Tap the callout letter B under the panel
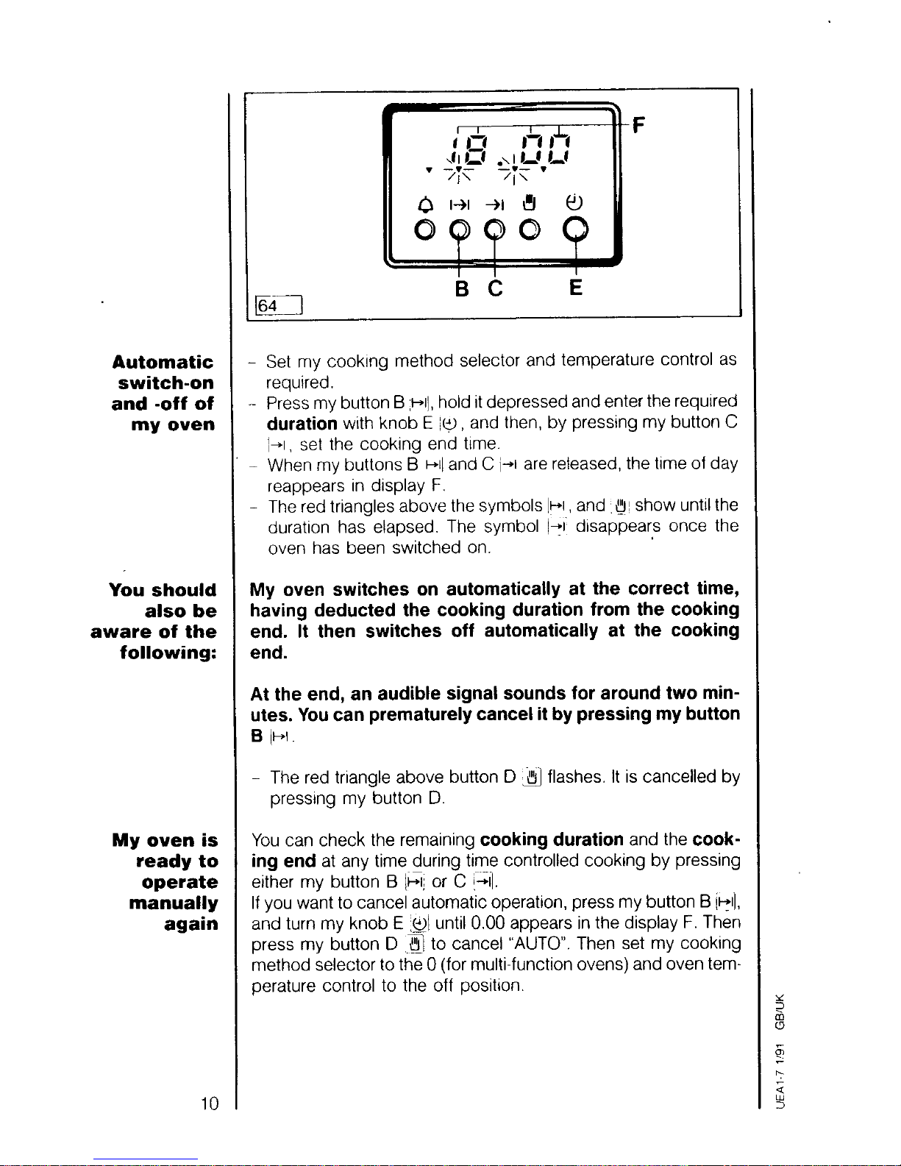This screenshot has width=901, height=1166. click(462, 288)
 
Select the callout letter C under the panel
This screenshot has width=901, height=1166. click(495, 288)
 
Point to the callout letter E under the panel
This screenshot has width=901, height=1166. click(576, 288)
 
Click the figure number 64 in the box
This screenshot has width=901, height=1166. click(268, 305)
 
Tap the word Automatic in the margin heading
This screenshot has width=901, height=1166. click(163, 362)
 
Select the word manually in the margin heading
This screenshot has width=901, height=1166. click(173, 903)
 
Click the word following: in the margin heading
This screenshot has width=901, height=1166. click(168, 653)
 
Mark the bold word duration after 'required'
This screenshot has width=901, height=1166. click(302, 424)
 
